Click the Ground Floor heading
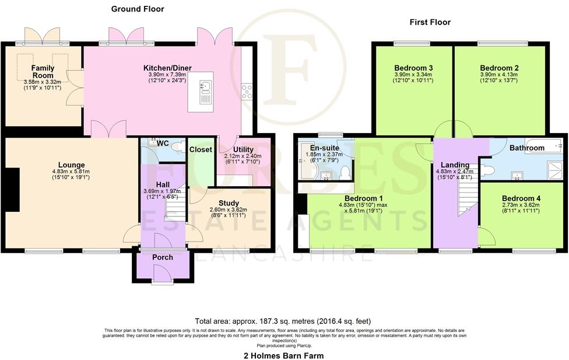click(x=138, y=9)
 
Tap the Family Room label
click(x=43, y=72)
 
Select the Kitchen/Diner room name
click(x=167, y=68)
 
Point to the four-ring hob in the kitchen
click(x=247, y=90)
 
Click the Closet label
click(x=201, y=149)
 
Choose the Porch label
click(x=163, y=258)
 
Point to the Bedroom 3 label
click(x=413, y=68)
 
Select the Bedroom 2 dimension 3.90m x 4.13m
click(x=500, y=75)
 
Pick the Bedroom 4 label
click(x=521, y=198)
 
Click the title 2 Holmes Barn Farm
click(x=283, y=355)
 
